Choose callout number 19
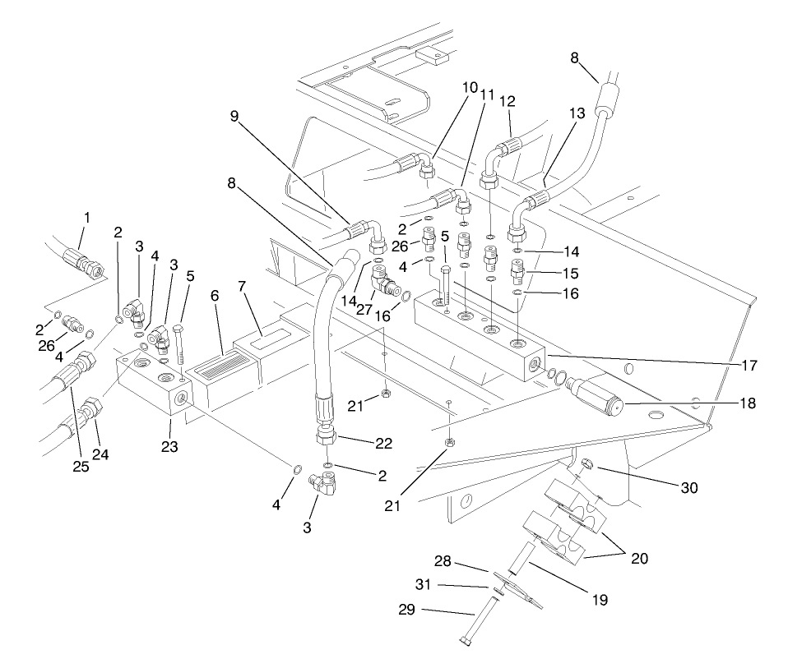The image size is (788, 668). tap(598, 600)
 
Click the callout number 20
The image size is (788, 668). tap(638, 559)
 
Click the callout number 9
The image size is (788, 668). tap(234, 117)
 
